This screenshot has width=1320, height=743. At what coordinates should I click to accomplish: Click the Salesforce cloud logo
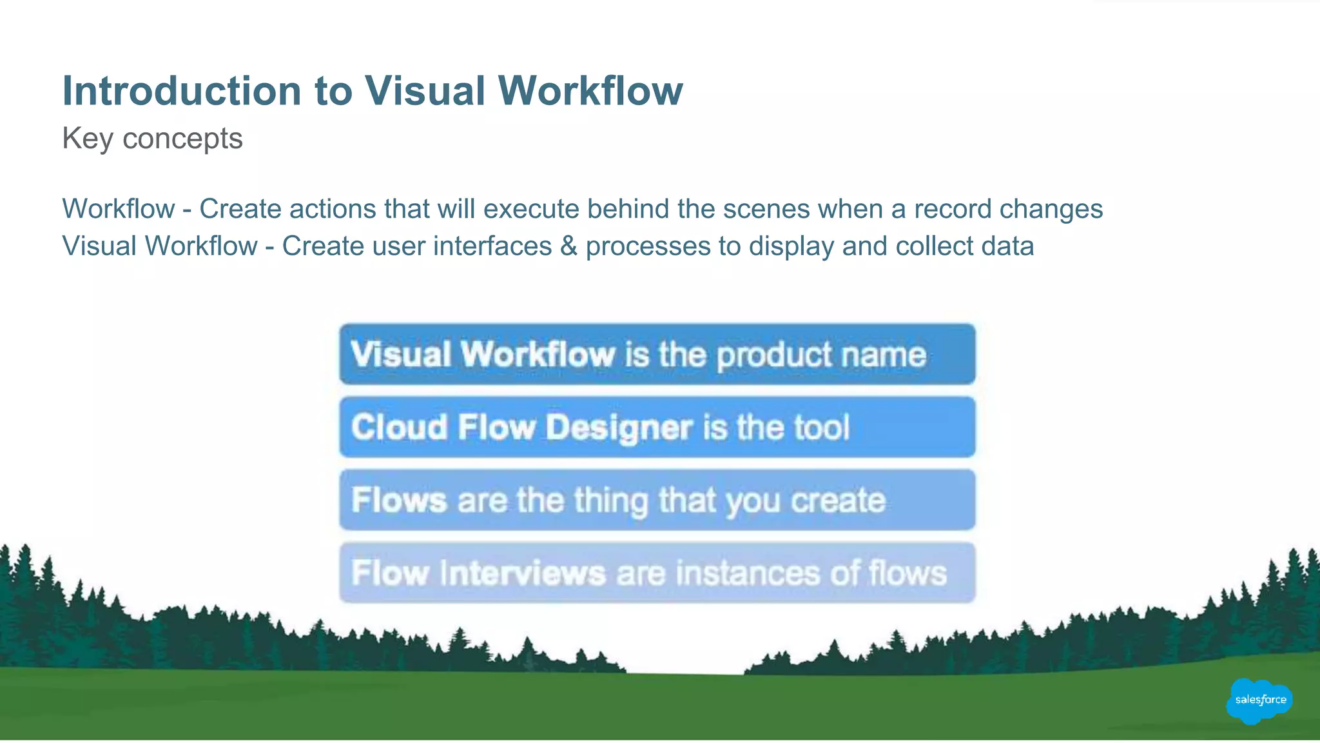pyautogui.click(x=1259, y=700)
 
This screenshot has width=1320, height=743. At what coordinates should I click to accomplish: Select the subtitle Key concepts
pyautogui.click(x=152, y=139)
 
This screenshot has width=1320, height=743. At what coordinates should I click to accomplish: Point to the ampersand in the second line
pyautogui.click(x=568, y=246)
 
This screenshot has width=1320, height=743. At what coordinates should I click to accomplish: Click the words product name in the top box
pyautogui.click(x=821, y=355)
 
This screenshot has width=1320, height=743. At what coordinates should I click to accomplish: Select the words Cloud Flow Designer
pyautogui.click(x=521, y=428)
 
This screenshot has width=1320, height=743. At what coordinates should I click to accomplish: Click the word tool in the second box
pyautogui.click(x=821, y=428)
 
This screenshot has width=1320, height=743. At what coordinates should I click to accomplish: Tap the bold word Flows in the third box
pyautogui.click(x=399, y=500)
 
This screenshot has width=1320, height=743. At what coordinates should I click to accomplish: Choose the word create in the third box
pyautogui.click(x=838, y=500)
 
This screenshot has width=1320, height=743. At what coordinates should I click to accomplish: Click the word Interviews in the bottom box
pyautogui.click(x=523, y=573)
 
